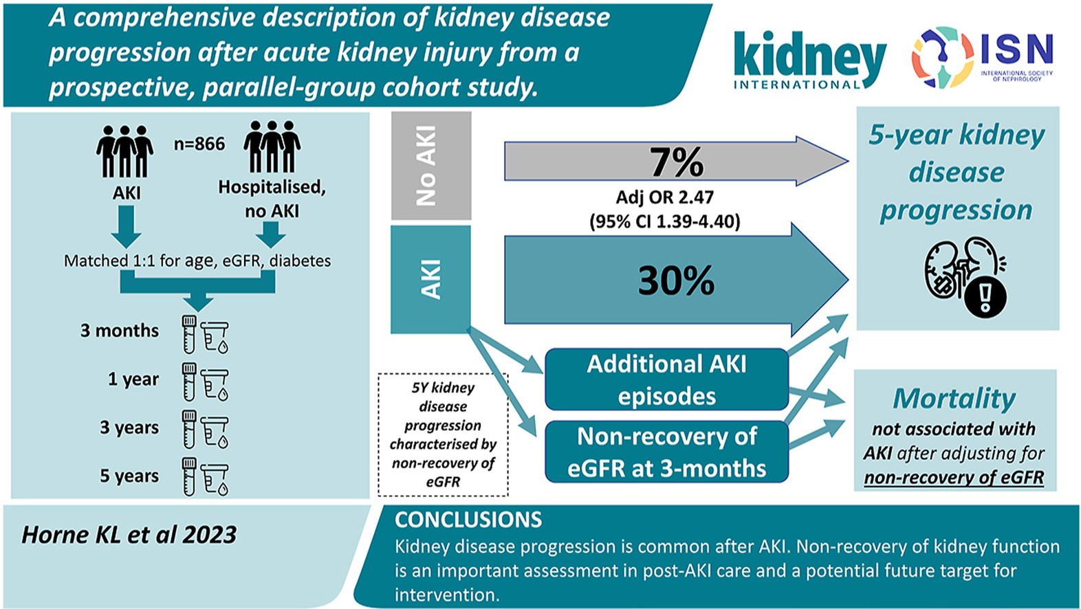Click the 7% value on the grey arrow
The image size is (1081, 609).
(x=677, y=162)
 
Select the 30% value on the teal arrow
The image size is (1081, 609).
(x=677, y=280)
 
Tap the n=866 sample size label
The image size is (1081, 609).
(x=199, y=144)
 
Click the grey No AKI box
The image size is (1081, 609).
(x=431, y=166)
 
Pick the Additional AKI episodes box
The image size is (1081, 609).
(x=666, y=379)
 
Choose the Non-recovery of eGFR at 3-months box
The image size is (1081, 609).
(x=666, y=452)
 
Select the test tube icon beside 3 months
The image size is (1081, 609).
(x=189, y=333)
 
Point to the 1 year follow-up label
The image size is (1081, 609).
(x=133, y=379)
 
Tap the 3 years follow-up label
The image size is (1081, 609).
(x=129, y=428)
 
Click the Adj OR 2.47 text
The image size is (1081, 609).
(x=664, y=197)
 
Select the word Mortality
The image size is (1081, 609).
(x=954, y=399)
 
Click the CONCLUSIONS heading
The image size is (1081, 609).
(x=468, y=520)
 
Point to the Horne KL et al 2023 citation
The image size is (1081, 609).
(x=129, y=535)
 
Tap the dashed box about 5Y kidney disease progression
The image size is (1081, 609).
(x=443, y=434)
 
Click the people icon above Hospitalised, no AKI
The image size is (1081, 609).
(x=272, y=146)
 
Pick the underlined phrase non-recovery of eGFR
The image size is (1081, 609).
(x=954, y=478)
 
